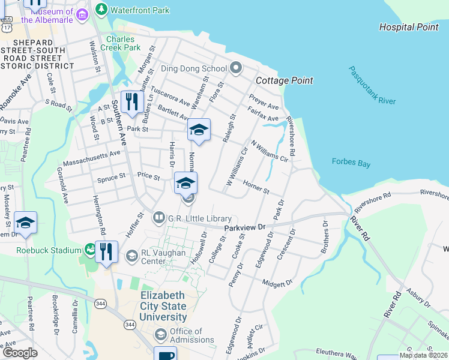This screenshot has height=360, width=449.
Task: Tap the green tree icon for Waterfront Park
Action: (102, 10)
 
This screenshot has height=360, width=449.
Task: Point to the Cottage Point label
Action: (284, 80)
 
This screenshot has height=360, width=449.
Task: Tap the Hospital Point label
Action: (409, 27)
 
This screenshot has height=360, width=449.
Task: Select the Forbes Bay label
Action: (351, 163)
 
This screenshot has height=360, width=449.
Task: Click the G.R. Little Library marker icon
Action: (159, 217)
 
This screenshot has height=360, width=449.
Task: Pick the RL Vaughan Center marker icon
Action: (131, 257)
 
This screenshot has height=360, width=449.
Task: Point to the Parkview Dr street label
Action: (244, 228)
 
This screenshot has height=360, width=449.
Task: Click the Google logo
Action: (20, 353)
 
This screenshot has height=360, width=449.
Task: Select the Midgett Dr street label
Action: (277, 282)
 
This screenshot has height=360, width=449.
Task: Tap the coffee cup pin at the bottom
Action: (165, 355)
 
